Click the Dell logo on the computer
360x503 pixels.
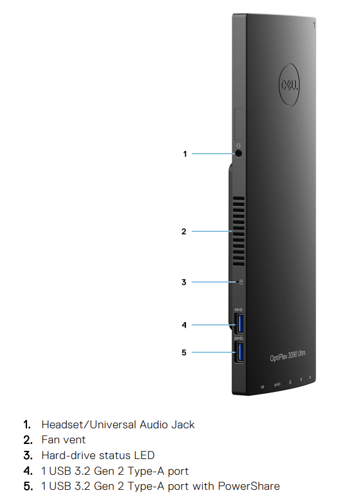(x=289, y=85)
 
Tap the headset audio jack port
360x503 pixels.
(x=238, y=153)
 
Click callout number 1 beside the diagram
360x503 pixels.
(x=185, y=154)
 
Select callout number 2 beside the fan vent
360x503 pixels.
(x=184, y=231)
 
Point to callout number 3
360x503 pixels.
(x=184, y=282)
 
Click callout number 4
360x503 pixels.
(x=184, y=325)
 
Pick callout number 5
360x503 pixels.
(x=184, y=352)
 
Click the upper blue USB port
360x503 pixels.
(x=239, y=323)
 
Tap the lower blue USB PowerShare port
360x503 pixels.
(x=239, y=352)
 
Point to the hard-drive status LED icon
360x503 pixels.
(x=241, y=282)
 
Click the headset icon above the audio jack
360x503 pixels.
(x=238, y=146)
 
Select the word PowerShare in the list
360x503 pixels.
(x=249, y=486)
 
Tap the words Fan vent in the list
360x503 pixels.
(x=63, y=440)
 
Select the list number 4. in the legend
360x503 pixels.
(x=28, y=471)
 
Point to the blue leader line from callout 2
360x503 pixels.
(x=212, y=231)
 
